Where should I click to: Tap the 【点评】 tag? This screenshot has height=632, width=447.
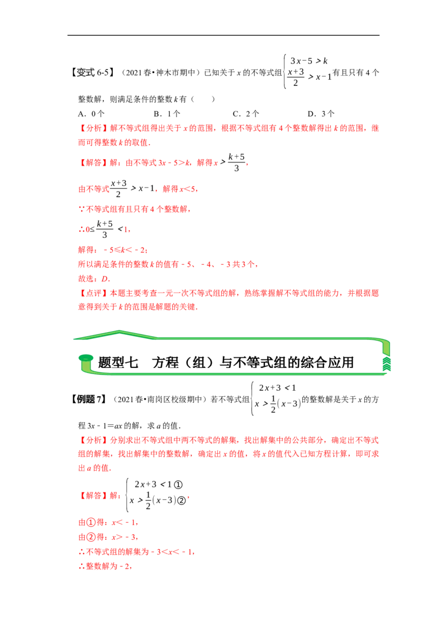pyautogui.click(x=89, y=292)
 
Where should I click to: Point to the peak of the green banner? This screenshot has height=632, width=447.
pyautogui.click(x=119, y=332)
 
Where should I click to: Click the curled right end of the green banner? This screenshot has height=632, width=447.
pyautogui.click(x=386, y=356)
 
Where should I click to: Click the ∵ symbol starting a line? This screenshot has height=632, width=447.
pyautogui.click(x=78, y=210)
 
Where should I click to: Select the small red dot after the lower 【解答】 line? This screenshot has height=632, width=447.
pyautogui.click(x=189, y=497)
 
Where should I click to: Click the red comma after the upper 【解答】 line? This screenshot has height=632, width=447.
pyautogui.click(x=247, y=165)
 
